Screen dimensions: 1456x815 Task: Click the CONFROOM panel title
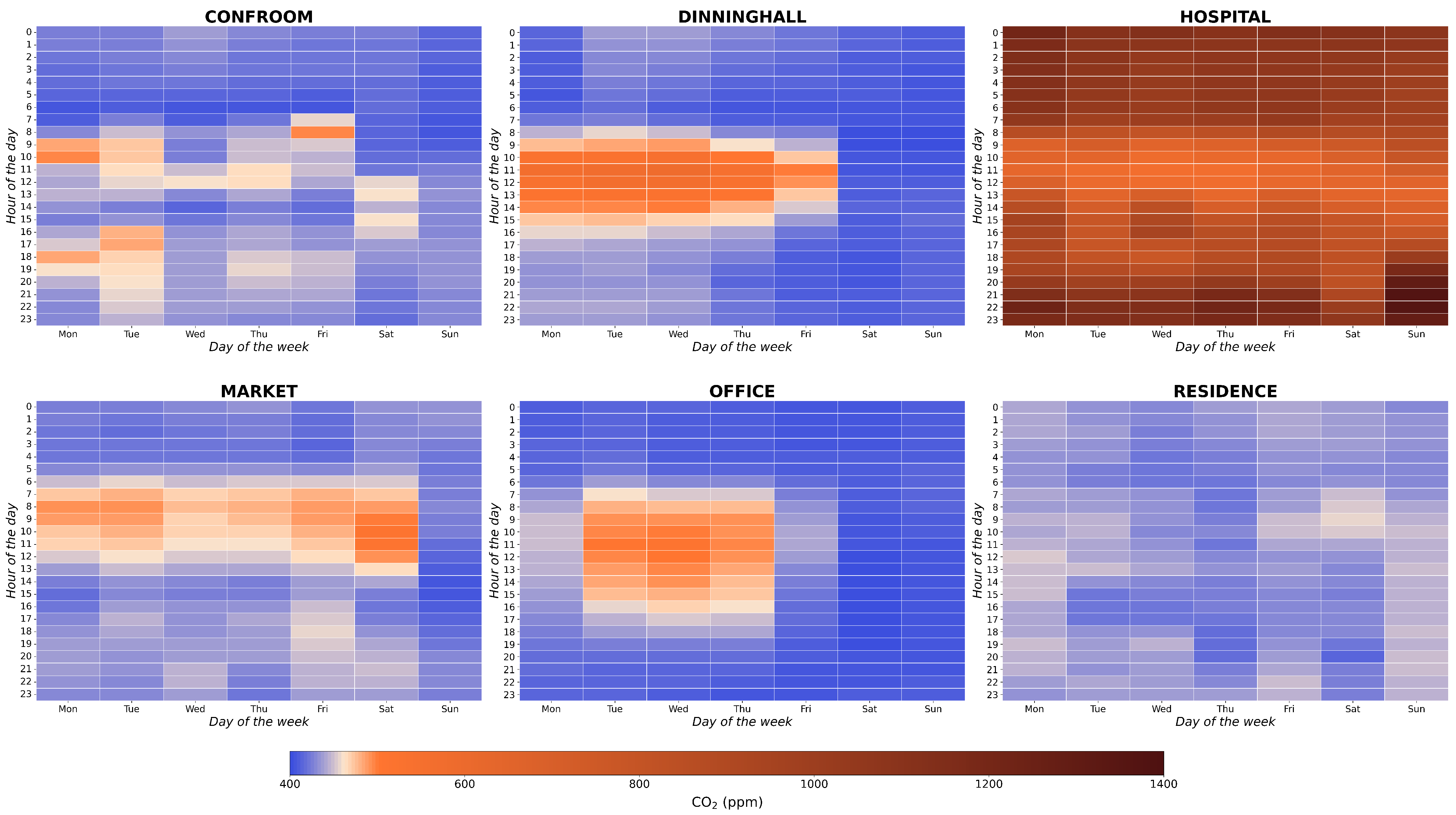(259, 17)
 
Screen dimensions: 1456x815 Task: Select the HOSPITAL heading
(1225, 17)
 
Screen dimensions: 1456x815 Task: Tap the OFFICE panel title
(742, 391)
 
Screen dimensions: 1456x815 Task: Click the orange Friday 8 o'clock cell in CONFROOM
(323, 132)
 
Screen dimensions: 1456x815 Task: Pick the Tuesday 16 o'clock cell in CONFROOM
(132, 232)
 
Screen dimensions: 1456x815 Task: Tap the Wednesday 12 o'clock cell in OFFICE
(678, 556)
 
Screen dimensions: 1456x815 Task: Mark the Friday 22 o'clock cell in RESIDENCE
(1289, 681)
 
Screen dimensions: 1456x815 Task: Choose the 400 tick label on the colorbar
(290, 784)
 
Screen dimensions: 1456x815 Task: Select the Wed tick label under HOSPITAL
(1161, 334)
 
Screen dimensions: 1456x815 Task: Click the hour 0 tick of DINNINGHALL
(512, 32)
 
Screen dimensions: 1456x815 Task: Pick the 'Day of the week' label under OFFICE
(742, 722)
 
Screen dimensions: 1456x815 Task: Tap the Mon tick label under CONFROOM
(68, 334)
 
